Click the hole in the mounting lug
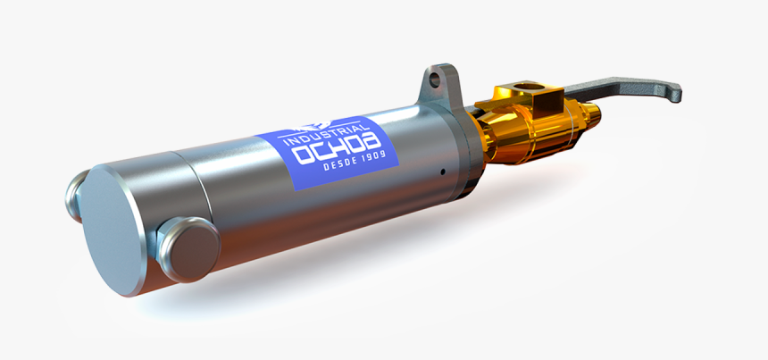coord(435,79)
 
